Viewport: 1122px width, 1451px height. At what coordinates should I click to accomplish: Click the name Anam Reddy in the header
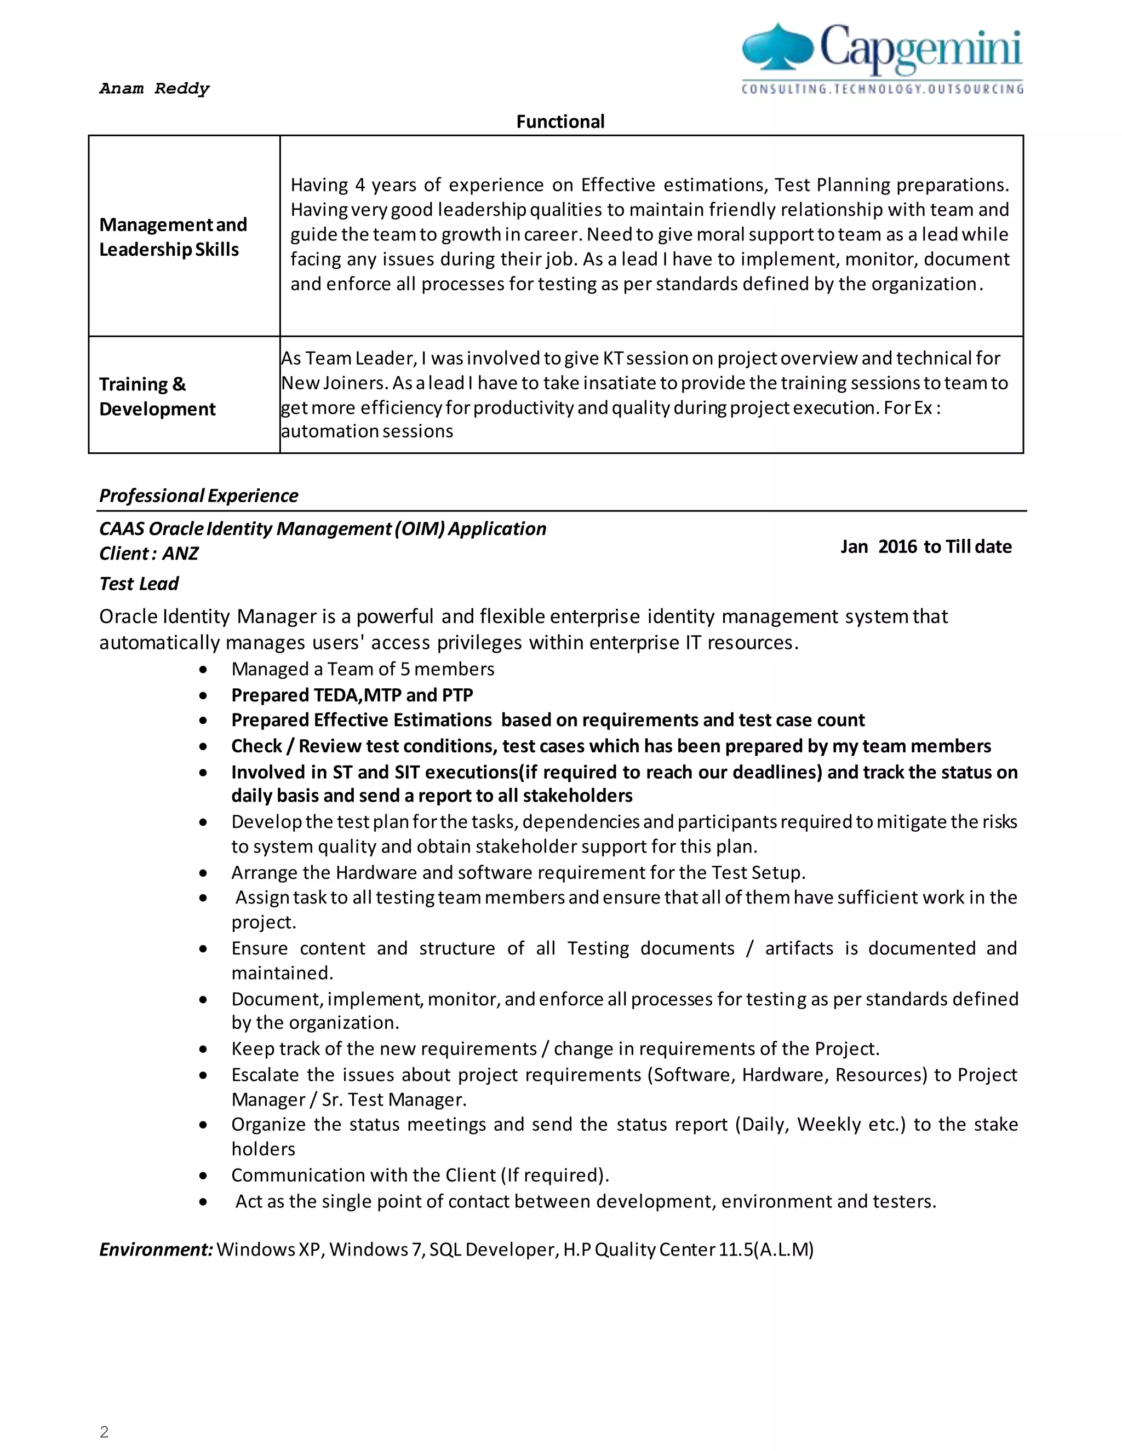[x=154, y=88]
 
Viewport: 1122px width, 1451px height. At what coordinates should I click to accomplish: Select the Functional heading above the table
[x=560, y=122]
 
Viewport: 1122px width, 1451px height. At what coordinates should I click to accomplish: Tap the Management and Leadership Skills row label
[x=173, y=237]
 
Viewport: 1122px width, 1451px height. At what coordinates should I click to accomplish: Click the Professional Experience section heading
[x=198, y=496]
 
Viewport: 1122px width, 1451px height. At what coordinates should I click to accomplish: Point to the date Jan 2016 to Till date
[x=925, y=547]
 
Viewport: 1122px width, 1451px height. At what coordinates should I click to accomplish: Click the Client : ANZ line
[x=148, y=554]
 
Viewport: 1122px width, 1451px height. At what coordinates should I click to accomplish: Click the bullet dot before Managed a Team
[x=203, y=670]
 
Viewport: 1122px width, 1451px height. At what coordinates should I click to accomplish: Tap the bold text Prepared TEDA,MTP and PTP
[x=352, y=695]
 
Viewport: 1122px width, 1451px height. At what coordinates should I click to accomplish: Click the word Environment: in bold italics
[x=156, y=1250]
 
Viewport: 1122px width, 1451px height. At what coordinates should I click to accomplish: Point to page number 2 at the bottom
[x=104, y=1431]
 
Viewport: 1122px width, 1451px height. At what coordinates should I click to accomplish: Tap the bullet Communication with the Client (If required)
[x=420, y=1175]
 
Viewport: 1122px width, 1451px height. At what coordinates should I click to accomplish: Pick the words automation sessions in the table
[x=367, y=431]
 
